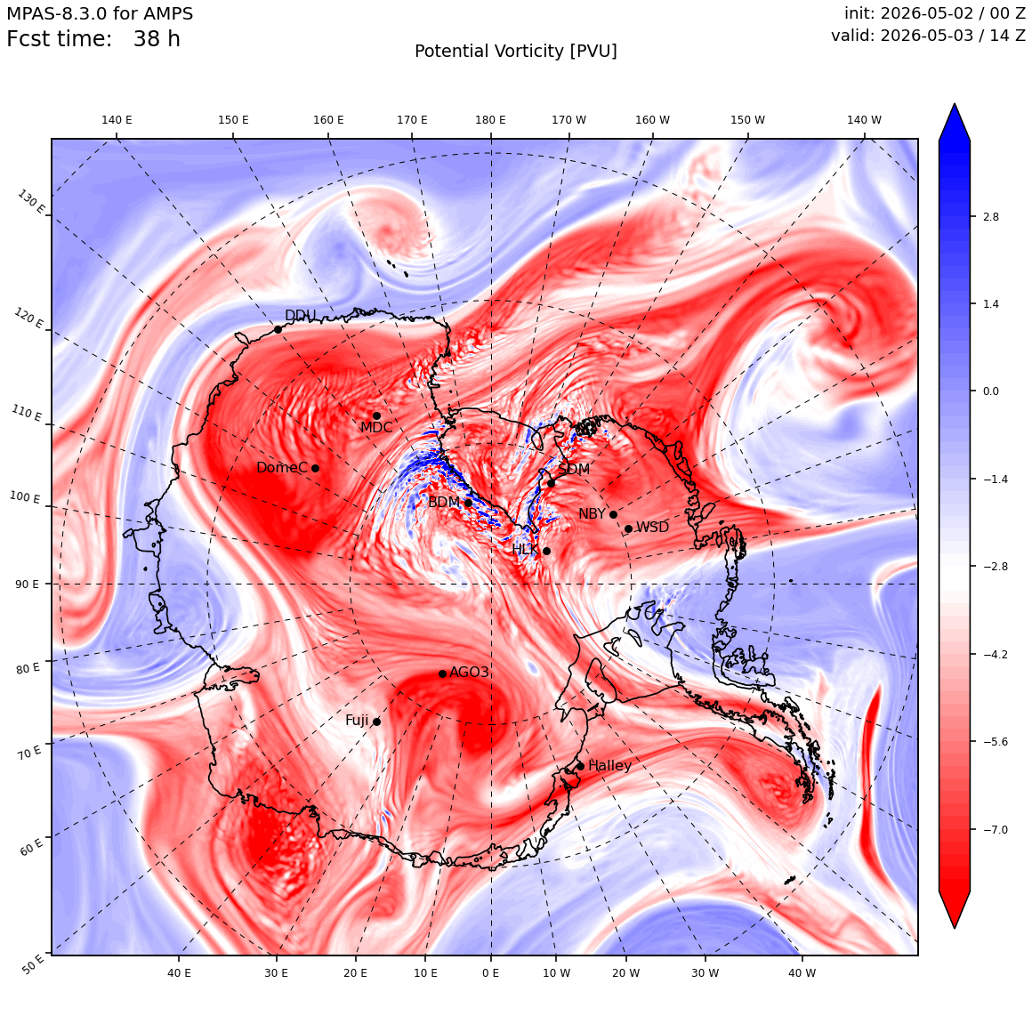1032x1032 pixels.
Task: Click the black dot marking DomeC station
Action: [x=315, y=469]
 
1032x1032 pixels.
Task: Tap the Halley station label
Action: [x=609, y=765]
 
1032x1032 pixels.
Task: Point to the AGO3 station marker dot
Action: [x=442, y=673]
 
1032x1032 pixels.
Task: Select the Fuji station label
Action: [x=357, y=721]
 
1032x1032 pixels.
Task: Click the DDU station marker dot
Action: [x=278, y=330]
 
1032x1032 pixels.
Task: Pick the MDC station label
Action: [x=375, y=427]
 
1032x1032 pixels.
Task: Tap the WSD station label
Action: [x=652, y=528]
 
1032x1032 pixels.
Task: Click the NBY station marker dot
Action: [x=613, y=515]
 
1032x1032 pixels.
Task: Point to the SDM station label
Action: [x=574, y=469]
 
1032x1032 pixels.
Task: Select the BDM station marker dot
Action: [x=468, y=503]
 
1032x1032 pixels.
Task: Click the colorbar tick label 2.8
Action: [x=990, y=217]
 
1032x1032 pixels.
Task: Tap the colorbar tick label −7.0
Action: [x=996, y=829]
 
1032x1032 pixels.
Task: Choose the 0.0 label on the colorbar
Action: [x=990, y=391]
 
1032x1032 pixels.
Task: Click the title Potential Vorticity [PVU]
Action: [x=516, y=52]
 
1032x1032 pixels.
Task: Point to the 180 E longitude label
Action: [x=490, y=120]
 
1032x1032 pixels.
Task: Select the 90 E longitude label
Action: [x=27, y=585]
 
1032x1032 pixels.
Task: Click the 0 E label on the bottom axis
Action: [x=490, y=972]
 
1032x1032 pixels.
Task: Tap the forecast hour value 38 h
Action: [x=157, y=39]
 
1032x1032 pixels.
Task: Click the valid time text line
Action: [x=928, y=36]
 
